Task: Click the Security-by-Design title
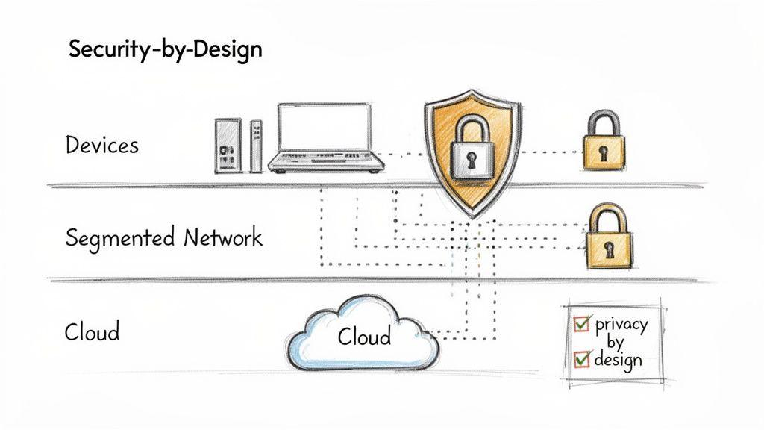click(165, 50)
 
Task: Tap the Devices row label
click(101, 144)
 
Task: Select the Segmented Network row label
click(163, 238)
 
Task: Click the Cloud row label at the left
click(92, 331)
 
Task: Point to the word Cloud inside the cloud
click(363, 337)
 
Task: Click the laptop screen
click(325, 126)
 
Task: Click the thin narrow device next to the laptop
click(256, 146)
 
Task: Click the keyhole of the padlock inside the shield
click(472, 159)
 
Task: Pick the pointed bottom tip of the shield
click(472, 215)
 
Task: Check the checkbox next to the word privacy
click(581, 323)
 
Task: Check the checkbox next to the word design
click(582, 358)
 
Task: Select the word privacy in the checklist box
click(621, 325)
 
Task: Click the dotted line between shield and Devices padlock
click(551, 152)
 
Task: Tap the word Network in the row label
click(222, 238)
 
